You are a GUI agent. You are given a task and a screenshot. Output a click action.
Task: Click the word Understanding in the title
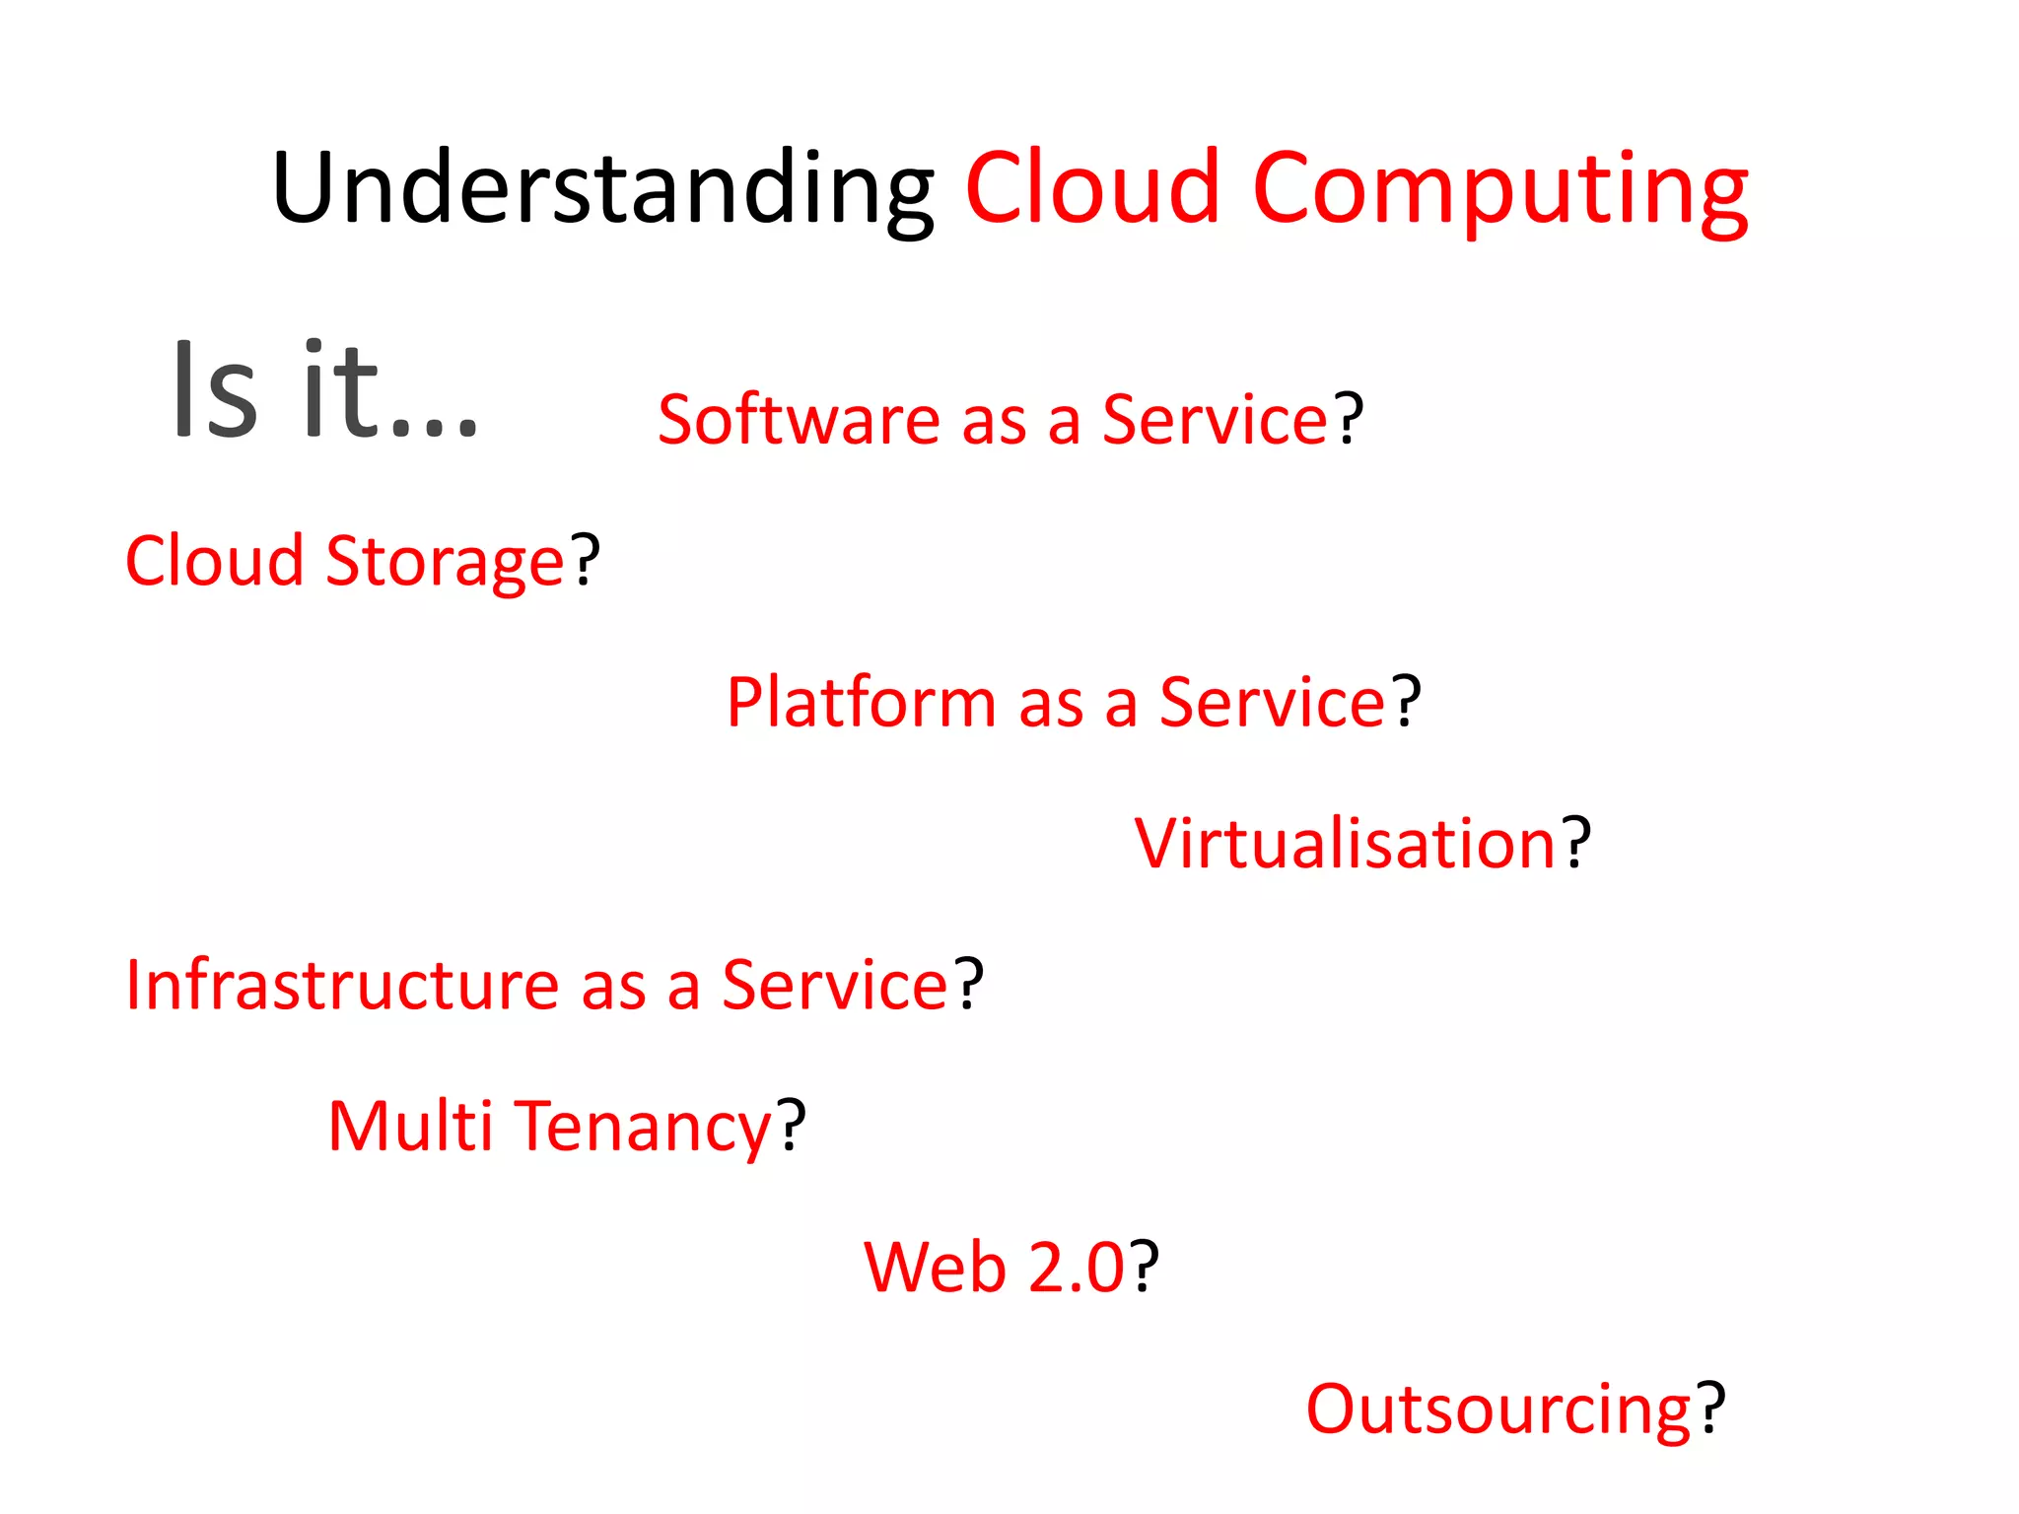tap(602, 189)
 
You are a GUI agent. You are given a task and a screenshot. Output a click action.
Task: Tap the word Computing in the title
tap(1499, 189)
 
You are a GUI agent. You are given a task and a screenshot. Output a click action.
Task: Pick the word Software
tap(799, 421)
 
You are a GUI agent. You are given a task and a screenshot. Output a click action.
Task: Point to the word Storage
tap(445, 563)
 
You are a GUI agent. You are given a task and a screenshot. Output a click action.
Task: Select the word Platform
tap(862, 704)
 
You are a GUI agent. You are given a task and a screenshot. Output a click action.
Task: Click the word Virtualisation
tap(1346, 845)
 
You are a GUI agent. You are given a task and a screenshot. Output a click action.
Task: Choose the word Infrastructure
tap(342, 986)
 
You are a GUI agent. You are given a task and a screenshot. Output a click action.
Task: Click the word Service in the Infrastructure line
tap(834, 986)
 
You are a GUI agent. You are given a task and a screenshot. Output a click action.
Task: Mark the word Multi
tap(409, 1127)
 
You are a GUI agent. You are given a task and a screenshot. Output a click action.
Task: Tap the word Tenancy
tap(645, 1129)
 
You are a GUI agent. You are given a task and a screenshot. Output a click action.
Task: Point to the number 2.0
tap(1076, 1268)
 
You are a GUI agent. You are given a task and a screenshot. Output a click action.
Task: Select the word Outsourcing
tap(1498, 1411)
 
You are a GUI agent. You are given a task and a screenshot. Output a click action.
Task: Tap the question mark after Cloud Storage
tap(587, 561)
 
